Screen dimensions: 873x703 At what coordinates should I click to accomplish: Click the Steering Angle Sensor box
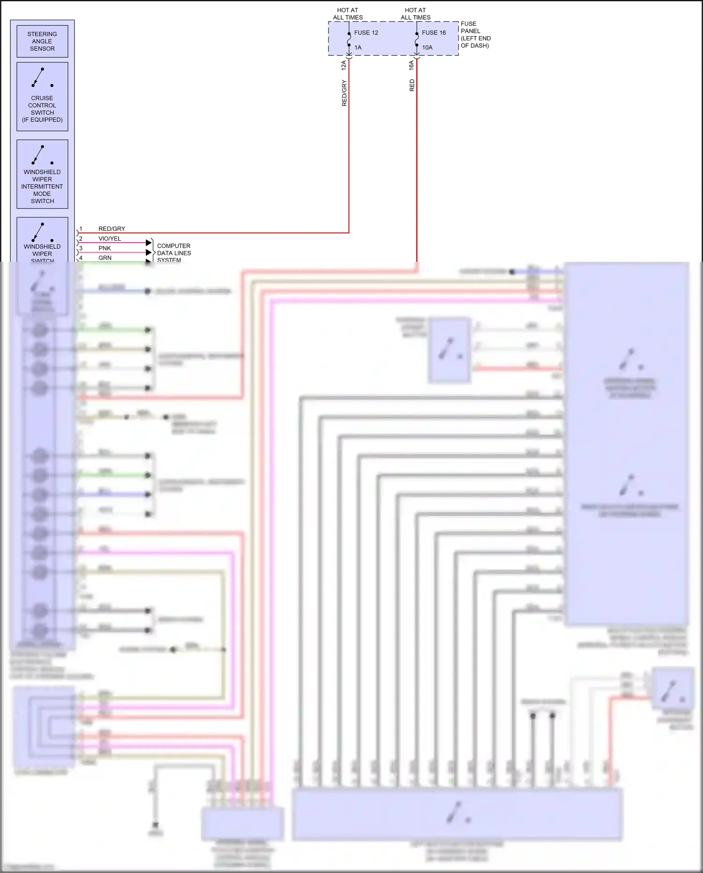[x=42, y=41]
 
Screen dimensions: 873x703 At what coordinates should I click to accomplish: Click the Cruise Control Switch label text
[x=42, y=109]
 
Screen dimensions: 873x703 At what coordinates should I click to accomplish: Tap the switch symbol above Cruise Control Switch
[x=42, y=78]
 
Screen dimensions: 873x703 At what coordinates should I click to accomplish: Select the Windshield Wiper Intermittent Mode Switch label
[x=42, y=186]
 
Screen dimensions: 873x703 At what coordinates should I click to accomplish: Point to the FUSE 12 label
[x=366, y=33]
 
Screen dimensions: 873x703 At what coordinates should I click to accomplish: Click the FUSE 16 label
[x=434, y=33]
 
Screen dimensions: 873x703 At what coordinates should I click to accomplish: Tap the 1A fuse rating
[x=358, y=47]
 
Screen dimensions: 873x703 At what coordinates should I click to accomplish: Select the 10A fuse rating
[x=427, y=47]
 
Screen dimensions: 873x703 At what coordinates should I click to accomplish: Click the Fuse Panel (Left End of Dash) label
[x=475, y=35]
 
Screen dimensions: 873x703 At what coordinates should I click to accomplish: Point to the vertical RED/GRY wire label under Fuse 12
[x=344, y=93]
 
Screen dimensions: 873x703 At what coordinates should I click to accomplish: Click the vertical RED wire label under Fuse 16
[x=412, y=85]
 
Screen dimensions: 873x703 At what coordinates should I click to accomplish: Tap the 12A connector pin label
[x=344, y=65]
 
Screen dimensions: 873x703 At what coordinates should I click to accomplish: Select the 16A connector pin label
[x=411, y=65]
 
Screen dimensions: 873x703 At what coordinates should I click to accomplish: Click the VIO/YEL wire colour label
[x=110, y=238]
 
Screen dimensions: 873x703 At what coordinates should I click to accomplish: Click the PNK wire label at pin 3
[x=105, y=248]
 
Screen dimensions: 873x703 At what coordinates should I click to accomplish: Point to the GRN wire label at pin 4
[x=105, y=258]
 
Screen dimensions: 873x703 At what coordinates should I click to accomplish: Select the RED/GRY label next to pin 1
[x=112, y=229]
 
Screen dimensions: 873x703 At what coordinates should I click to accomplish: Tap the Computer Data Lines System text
[x=174, y=253]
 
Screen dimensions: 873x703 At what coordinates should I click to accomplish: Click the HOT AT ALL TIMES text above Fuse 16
[x=415, y=14]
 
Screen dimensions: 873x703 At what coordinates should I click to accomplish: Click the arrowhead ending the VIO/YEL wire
[x=149, y=243]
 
